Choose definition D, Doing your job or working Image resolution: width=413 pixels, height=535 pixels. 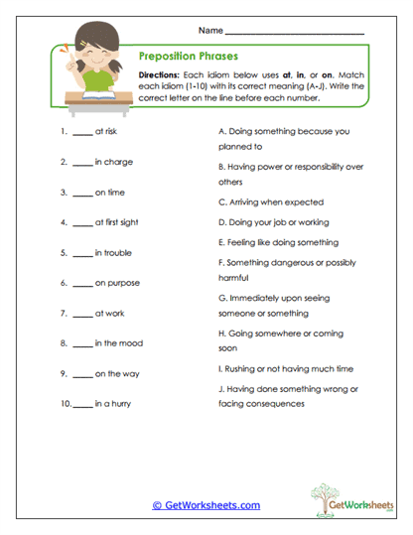click(273, 221)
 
